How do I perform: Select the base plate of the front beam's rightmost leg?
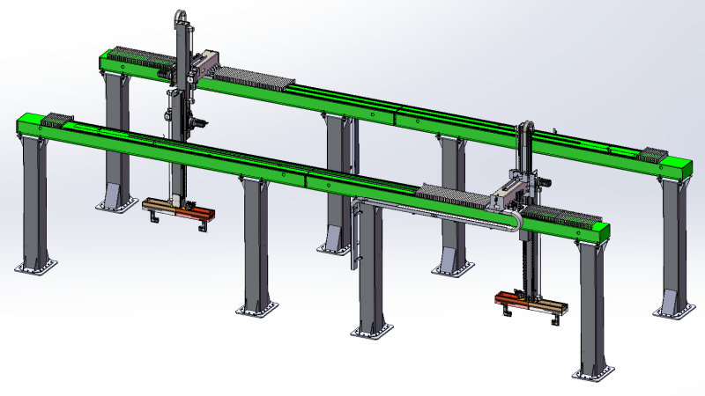coord(596,375)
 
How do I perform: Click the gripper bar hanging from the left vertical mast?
coord(179,210)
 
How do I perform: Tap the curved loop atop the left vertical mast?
coord(180,16)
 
